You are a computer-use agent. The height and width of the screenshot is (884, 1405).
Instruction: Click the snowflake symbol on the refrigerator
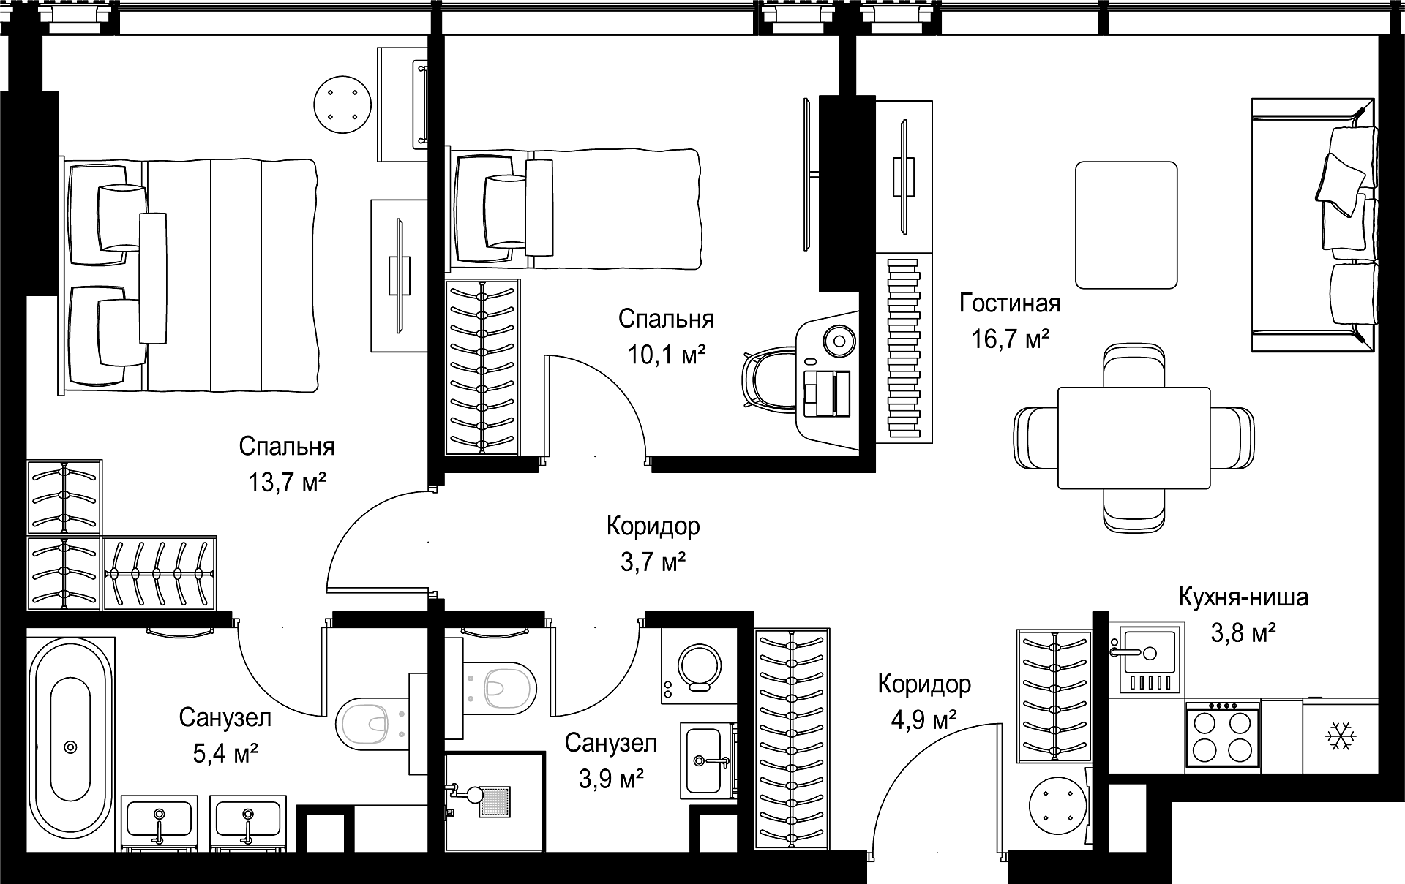coord(1341,736)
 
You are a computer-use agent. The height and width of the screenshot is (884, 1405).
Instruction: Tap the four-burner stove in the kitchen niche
coord(1222,735)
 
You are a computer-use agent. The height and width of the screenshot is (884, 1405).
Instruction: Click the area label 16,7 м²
coord(1011,339)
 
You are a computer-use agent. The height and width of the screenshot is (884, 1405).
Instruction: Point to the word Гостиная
coord(1010,303)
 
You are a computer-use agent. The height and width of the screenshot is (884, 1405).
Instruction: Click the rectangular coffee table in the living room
coord(1126,225)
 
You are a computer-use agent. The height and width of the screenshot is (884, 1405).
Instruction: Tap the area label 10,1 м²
coord(666,355)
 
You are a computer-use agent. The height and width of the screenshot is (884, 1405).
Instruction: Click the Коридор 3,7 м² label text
coord(653,543)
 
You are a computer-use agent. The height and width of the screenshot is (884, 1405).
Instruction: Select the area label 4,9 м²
coord(924,720)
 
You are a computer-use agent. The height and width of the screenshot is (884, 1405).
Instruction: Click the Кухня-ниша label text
coord(1243,597)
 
